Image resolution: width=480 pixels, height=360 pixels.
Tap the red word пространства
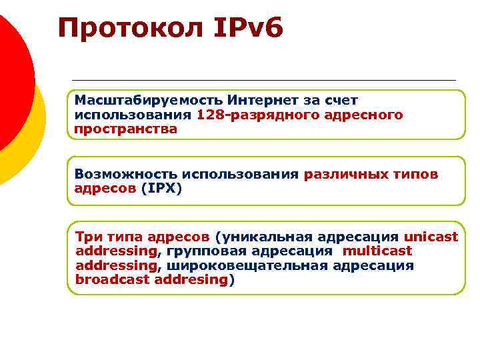point(126,129)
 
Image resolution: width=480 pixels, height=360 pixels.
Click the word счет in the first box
point(341,101)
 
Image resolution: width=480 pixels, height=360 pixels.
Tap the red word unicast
point(431,237)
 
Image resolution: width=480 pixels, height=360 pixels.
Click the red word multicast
point(378,251)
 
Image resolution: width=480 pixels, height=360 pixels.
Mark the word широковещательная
point(247,266)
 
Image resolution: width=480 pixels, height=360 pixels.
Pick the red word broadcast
point(113,280)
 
